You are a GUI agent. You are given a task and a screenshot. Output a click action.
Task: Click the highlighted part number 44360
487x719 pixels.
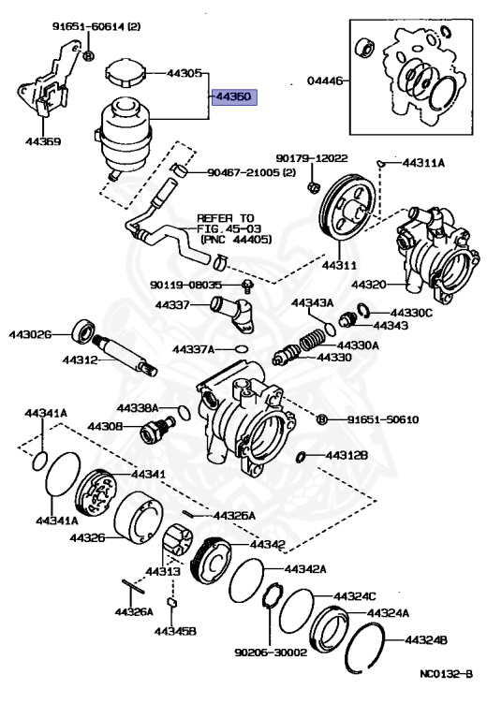[x=234, y=96]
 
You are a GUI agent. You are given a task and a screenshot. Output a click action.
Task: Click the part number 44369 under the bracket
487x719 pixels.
[x=42, y=142]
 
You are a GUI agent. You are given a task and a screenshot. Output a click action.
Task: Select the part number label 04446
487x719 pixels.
[x=325, y=81]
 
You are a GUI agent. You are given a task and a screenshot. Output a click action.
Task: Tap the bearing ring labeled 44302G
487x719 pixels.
[x=82, y=333]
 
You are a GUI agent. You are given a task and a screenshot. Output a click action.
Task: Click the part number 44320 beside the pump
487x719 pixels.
[x=368, y=284]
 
